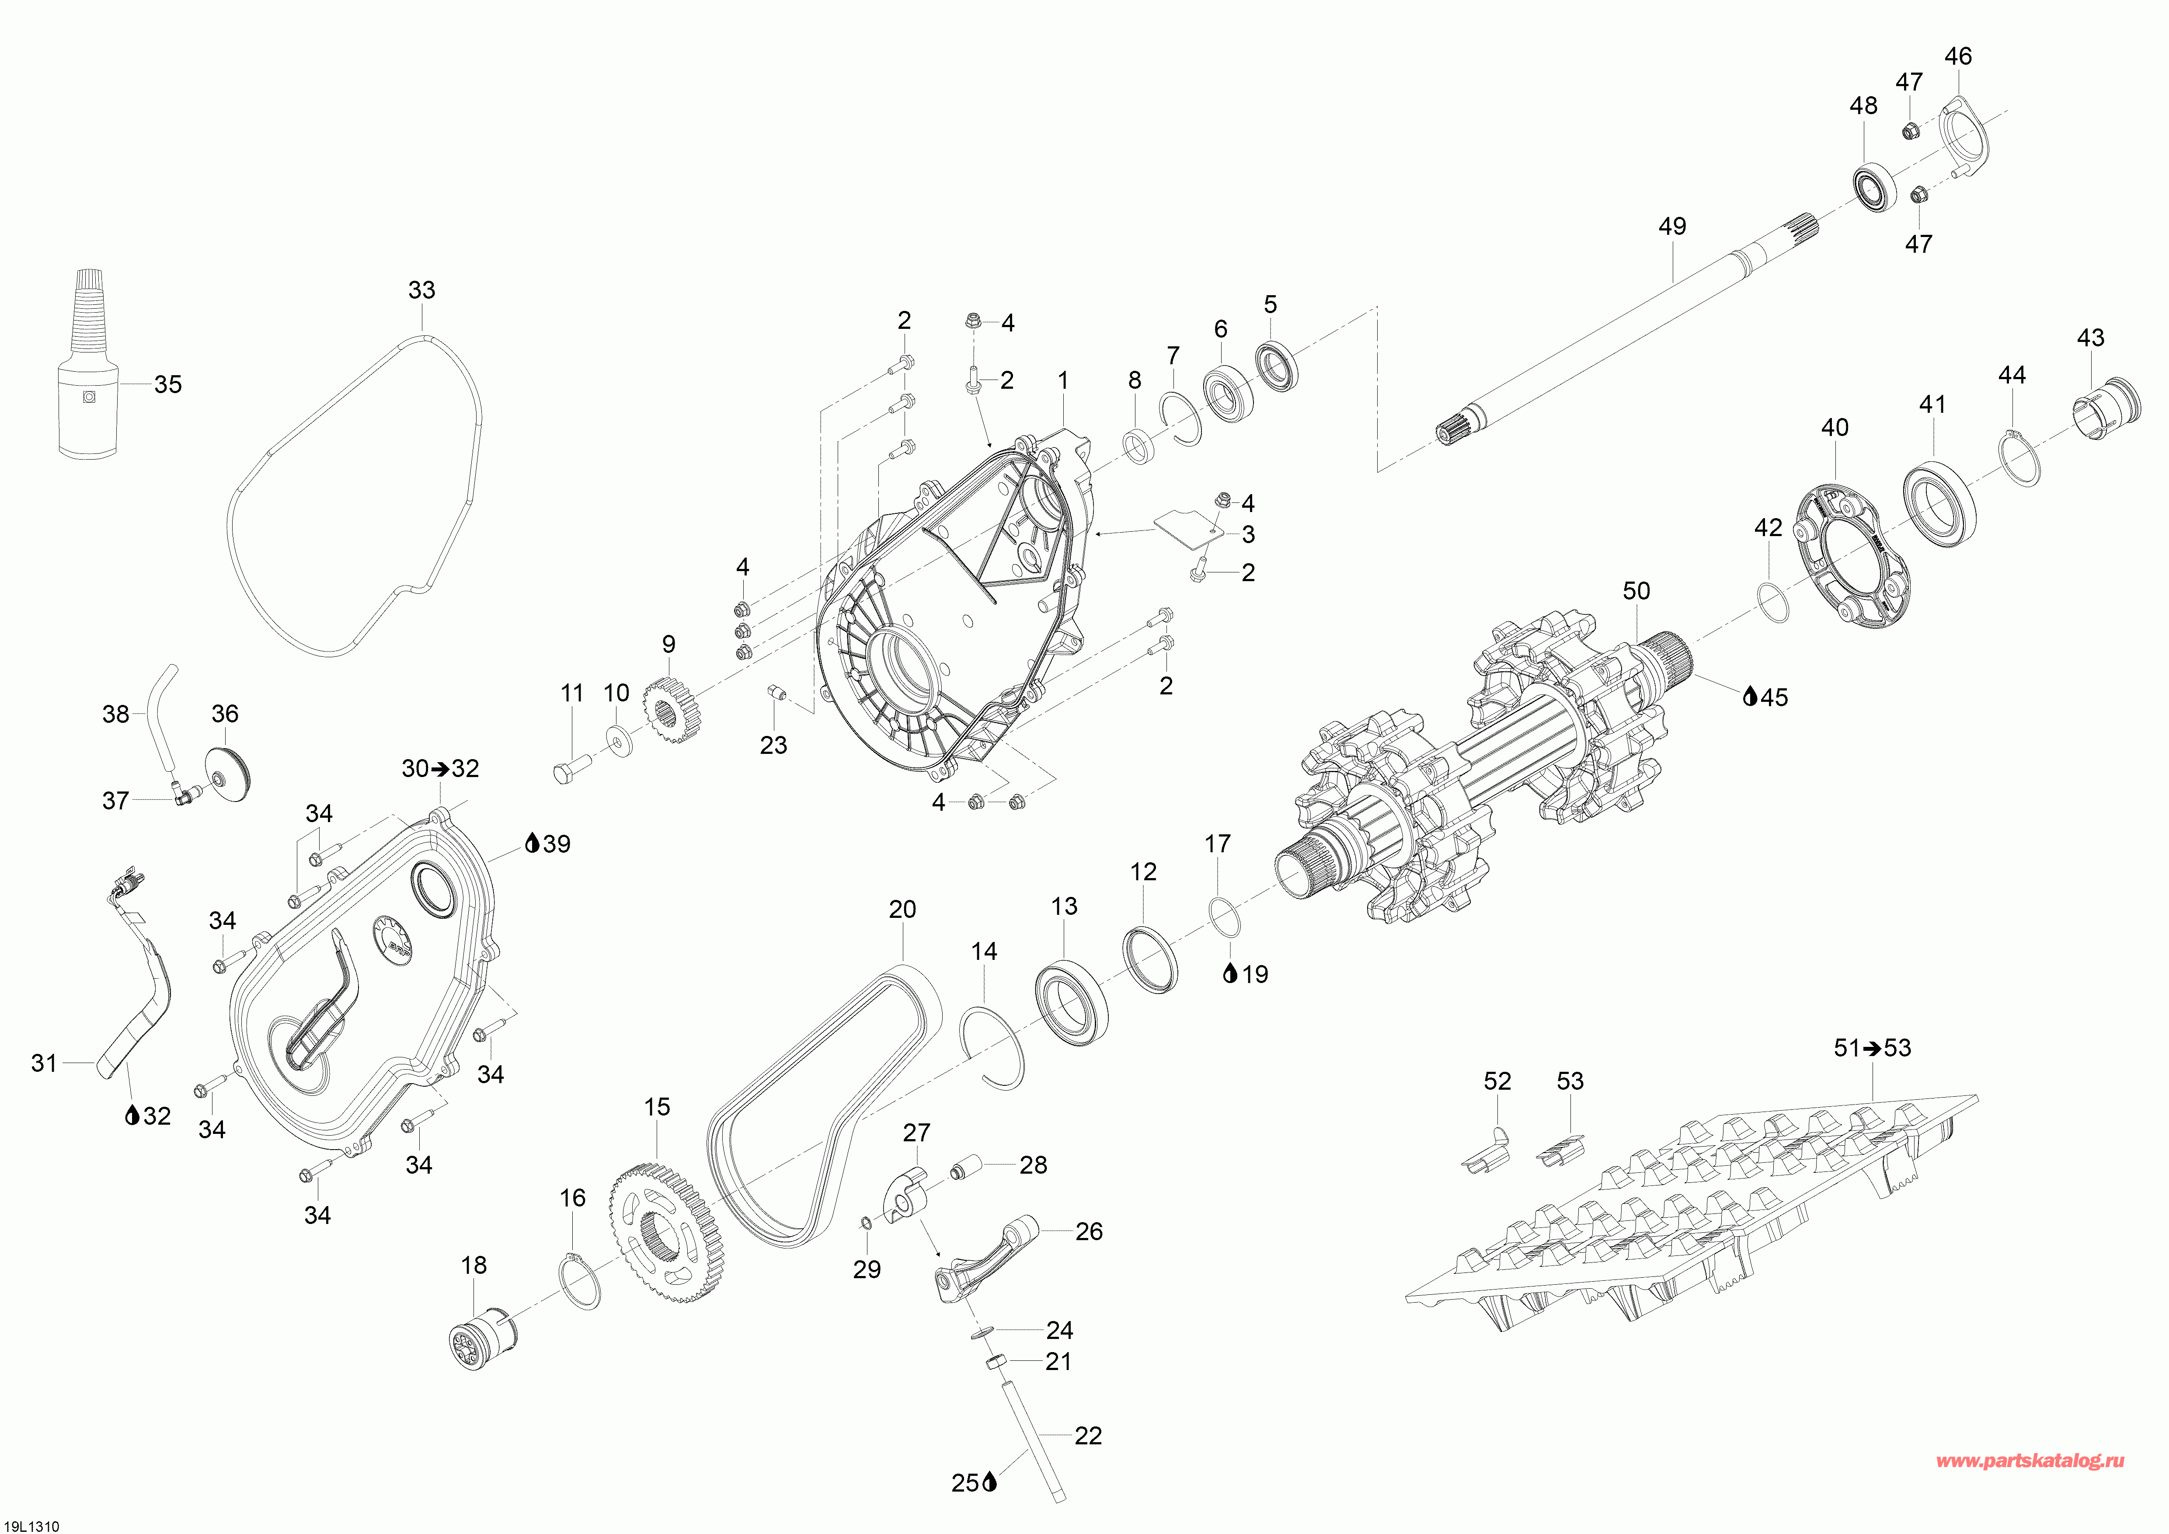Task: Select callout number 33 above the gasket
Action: (x=421, y=290)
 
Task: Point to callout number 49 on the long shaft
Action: (x=1672, y=227)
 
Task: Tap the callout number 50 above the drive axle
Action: (x=1636, y=591)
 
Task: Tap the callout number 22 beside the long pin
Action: (x=1088, y=1436)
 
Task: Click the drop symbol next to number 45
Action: (x=1750, y=697)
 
